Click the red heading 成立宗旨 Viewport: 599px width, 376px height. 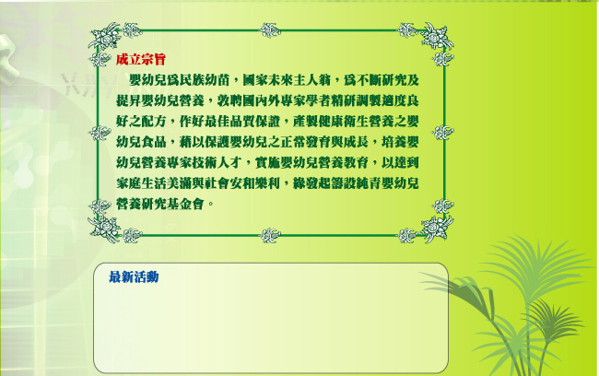pyautogui.click(x=141, y=60)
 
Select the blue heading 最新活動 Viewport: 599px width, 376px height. pyautogui.click(x=134, y=277)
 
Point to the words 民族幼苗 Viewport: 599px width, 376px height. pyautogui.click(x=205, y=80)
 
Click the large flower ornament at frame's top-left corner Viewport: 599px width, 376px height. pyautogui.click(x=104, y=36)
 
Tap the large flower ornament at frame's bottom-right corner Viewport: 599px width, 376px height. pyautogui.click(x=437, y=229)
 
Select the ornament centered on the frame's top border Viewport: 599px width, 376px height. pyautogui.click(x=270, y=30)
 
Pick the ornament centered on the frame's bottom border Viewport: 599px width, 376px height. pyautogui.click(x=270, y=235)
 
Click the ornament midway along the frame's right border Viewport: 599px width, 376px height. pyautogui.click(x=442, y=132)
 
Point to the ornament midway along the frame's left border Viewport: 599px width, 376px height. pyautogui.click(x=100, y=133)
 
